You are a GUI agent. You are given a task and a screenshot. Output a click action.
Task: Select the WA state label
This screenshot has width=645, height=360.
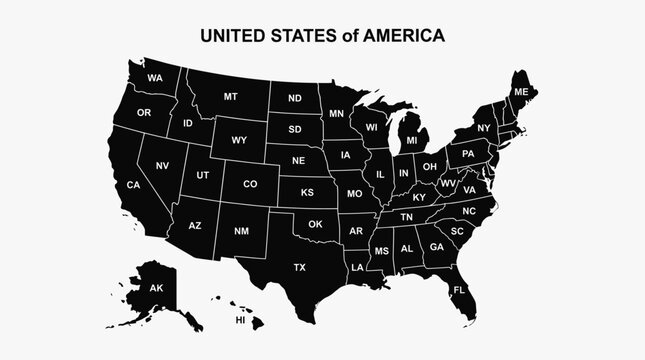click(x=155, y=78)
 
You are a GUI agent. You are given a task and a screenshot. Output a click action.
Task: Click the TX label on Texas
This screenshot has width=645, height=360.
click(x=299, y=267)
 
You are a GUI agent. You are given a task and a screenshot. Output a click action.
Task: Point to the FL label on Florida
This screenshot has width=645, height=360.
click(x=459, y=290)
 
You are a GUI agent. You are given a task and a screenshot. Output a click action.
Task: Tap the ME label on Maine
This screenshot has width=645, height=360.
click(x=520, y=91)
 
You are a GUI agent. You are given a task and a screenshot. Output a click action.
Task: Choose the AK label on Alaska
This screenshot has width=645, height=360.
click(x=156, y=288)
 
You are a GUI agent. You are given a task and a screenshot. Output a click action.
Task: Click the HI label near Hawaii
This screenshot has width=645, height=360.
click(x=240, y=321)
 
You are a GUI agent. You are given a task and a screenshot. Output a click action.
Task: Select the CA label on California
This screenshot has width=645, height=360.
click(x=133, y=184)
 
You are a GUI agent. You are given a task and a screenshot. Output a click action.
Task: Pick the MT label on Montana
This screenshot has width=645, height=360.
click(x=231, y=97)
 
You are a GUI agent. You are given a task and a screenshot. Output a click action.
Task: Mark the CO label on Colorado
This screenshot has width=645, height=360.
click(x=250, y=184)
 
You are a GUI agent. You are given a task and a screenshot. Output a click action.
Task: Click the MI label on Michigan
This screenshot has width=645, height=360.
click(x=411, y=140)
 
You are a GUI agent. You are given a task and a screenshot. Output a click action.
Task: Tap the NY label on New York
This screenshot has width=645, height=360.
click(x=483, y=128)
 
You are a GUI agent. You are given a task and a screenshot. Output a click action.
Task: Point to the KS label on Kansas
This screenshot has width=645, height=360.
click(x=308, y=191)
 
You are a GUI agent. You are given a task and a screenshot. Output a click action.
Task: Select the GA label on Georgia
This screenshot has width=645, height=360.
click(x=436, y=247)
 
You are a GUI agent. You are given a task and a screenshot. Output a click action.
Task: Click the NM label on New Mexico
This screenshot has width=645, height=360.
click(x=241, y=231)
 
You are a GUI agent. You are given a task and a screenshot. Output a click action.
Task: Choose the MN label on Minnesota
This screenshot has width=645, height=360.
click(x=336, y=113)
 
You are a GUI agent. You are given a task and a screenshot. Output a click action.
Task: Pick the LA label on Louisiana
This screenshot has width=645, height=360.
click(x=356, y=268)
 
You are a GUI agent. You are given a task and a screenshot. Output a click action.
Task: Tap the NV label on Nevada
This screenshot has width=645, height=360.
click(x=162, y=165)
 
